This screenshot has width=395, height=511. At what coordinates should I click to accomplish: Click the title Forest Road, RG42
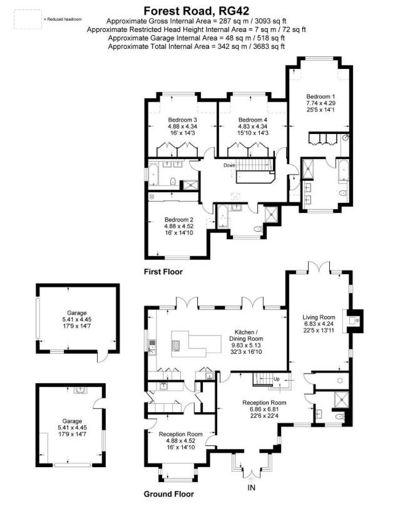point(197,10)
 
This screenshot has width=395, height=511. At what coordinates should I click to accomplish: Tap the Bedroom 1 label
point(320,96)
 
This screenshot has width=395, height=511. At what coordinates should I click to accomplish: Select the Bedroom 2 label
point(178,220)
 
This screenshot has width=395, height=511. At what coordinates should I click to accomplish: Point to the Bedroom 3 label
point(183,120)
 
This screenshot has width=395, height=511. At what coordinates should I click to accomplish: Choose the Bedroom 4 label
point(253,120)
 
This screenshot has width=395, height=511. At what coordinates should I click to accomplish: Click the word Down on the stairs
point(230,165)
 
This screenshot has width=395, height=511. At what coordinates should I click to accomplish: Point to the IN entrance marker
point(252,487)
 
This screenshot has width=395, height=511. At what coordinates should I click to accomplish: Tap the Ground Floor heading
point(168,494)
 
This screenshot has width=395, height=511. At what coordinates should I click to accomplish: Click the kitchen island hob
point(176,344)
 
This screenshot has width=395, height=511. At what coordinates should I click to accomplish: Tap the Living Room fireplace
point(356,319)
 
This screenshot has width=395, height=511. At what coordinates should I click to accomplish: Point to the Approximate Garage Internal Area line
point(197,38)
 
